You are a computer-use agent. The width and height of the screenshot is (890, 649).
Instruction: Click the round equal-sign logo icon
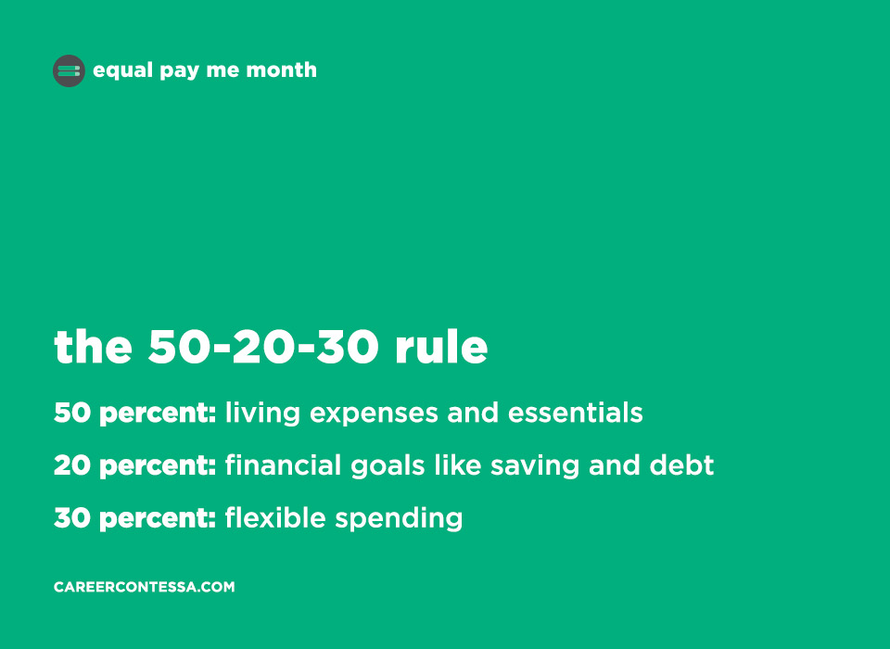(x=69, y=71)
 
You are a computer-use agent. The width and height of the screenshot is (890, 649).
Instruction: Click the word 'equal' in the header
(x=123, y=70)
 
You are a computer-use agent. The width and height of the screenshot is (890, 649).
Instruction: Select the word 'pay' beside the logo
(x=179, y=71)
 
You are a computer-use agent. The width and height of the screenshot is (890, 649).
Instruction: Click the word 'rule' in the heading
(x=441, y=347)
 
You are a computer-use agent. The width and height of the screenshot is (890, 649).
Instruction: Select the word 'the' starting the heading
(x=93, y=347)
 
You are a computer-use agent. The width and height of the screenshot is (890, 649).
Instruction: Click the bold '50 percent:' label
(x=135, y=414)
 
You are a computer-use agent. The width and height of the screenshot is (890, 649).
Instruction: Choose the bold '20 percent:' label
(x=135, y=466)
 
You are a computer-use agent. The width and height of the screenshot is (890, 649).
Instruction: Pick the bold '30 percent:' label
(x=135, y=519)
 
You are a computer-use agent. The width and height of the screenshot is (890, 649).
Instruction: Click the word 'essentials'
(x=575, y=413)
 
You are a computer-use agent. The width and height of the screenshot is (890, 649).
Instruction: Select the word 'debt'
(x=681, y=465)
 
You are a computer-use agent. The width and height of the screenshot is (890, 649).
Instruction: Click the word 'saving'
(x=535, y=467)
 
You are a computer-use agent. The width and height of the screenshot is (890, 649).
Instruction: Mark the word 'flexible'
(x=275, y=518)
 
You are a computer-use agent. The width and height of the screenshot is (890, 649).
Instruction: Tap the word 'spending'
(x=399, y=520)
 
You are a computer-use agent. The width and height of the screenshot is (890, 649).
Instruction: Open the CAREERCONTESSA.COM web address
(x=145, y=587)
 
